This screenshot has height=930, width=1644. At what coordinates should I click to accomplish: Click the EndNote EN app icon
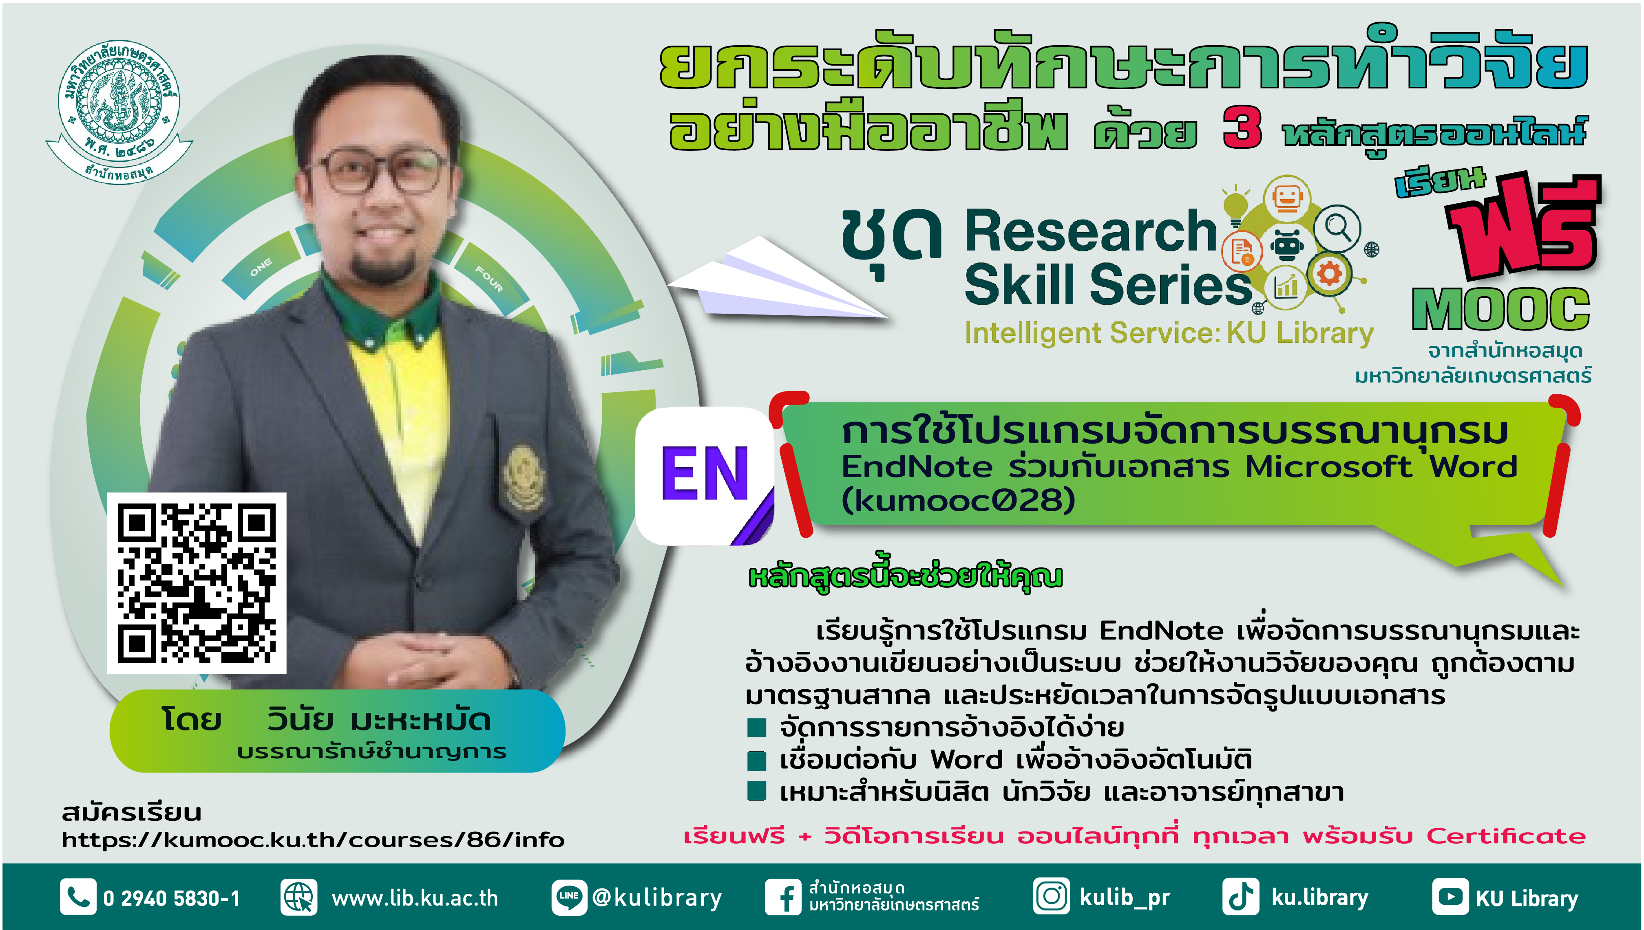705,476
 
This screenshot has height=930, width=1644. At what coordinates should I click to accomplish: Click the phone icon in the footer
78,897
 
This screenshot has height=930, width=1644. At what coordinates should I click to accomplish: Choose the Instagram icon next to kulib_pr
1051,896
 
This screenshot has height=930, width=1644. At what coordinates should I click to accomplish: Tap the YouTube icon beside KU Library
1450,897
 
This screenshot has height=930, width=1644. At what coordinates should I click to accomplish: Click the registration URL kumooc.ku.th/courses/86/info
313,839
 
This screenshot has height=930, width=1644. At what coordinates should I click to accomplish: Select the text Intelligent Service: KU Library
1169,333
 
